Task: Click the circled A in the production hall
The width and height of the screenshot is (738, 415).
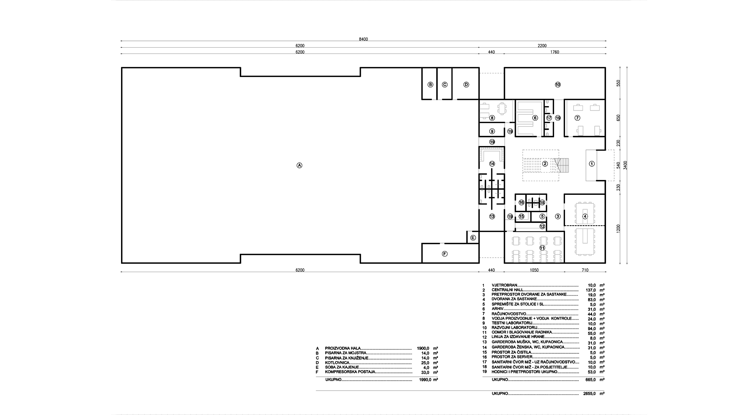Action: pyautogui.click(x=299, y=165)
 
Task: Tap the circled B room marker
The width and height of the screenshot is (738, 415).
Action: pyautogui.click(x=430, y=84)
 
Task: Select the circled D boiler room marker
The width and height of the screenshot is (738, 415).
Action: pyautogui.click(x=466, y=84)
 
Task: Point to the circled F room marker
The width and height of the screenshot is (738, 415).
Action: pyautogui.click(x=444, y=254)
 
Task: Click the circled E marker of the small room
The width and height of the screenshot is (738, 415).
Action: pyautogui.click(x=473, y=237)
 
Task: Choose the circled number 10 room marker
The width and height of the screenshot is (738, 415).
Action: pyautogui.click(x=558, y=84)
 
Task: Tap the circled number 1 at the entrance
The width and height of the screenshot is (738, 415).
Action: pyautogui.click(x=592, y=164)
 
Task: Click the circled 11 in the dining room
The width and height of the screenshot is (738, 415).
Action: pyautogui.click(x=542, y=248)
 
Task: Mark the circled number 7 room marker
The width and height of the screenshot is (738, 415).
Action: pyautogui.click(x=578, y=118)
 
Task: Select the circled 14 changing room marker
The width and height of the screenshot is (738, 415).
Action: pyautogui.click(x=492, y=164)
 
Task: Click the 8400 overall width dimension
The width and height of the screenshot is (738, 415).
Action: pyautogui.click(x=364, y=39)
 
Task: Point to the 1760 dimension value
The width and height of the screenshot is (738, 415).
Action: pyautogui.click(x=554, y=52)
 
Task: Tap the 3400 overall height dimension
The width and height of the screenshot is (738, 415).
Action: pyautogui.click(x=626, y=166)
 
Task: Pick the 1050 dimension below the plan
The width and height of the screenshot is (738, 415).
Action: pyautogui.click(x=534, y=270)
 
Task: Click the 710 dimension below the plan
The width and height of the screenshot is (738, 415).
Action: pyautogui.click(x=585, y=270)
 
